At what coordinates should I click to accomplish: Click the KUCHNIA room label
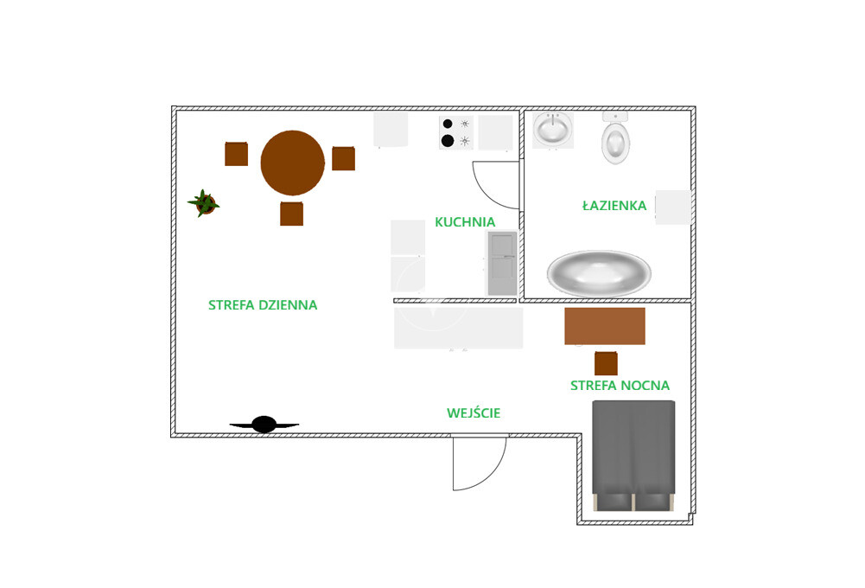(465, 221)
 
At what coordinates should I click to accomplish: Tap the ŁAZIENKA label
(614, 206)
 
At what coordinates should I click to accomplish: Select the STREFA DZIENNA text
(263, 305)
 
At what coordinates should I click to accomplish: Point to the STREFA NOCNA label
(620, 386)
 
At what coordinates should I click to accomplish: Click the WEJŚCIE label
(474, 413)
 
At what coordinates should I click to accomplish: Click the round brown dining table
(293, 163)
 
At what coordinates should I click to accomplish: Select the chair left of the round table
(236, 154)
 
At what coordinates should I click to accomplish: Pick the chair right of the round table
(343, 158)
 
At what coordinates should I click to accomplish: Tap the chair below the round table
(291, 213)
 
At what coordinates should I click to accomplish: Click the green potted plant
(204, 203)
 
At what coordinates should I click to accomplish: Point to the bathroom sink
(551, 131)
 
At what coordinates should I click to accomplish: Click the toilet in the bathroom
(615, 142)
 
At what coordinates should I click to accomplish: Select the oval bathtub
(599, 273)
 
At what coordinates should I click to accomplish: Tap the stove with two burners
(456, 132)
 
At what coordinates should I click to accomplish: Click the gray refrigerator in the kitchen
(502, 262)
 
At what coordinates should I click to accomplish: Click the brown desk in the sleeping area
(605, 326)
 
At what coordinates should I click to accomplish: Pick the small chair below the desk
(606, 363)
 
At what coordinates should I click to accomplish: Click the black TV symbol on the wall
(264, 425)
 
